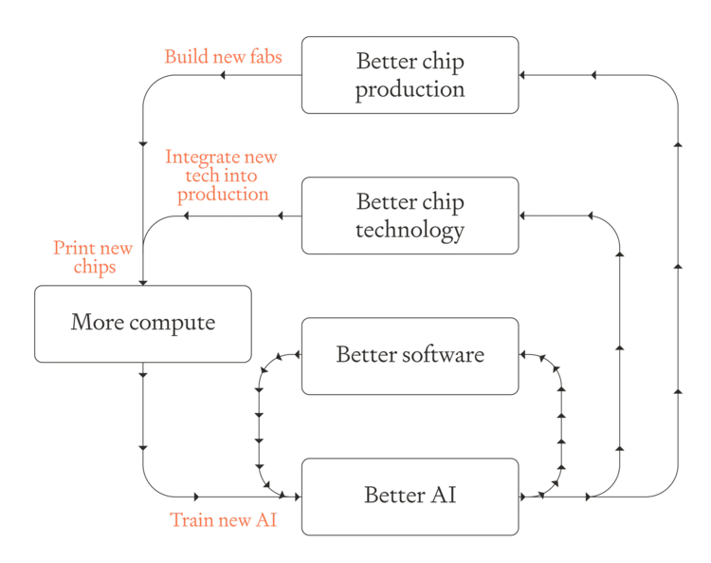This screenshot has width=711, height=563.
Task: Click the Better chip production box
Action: pyautogui.click(x=410, y=75)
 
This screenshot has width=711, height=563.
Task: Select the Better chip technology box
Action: pyautogui.click(x=410, y=216)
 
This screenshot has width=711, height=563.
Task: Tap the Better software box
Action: pyautogui.click(x=410, y=356)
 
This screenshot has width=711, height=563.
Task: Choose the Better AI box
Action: pyautogui.click(x=410, y=497)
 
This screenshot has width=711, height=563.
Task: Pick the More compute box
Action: pyautogui.click(x=143, y=324)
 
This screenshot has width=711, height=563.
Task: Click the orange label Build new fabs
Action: pyautogui.click(x=223, y=57)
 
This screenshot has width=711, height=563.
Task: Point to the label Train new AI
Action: pyautogui.click(x=223, y=520)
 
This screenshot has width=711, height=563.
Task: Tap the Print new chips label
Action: pyautogui.click(x=93, y=257)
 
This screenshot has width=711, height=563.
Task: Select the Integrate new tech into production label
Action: pyautogui.click(x=221, y=176)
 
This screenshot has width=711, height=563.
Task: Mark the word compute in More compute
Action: pyautogui.click(x=173, y=323)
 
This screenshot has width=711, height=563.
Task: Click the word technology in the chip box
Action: pyautogui.click(x=410, y=230)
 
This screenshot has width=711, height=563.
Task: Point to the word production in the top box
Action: pyautogui.click(x=410, y=89)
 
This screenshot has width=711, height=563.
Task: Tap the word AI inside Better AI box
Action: pyautogui.click(x=443, y=495)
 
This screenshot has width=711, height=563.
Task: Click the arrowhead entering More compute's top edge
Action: pyautogui.click(x=143, y=283)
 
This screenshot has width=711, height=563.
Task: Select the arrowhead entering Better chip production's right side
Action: pyautogui.click(x=522, y=75)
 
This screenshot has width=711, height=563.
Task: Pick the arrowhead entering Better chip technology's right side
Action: pyautogui.click(x=522, y=216)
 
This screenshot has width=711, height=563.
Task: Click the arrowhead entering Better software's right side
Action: pyautogui.click(x=522, y=354)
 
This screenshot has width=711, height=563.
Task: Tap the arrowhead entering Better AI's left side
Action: pyautogui.click(x=298, y=497)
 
